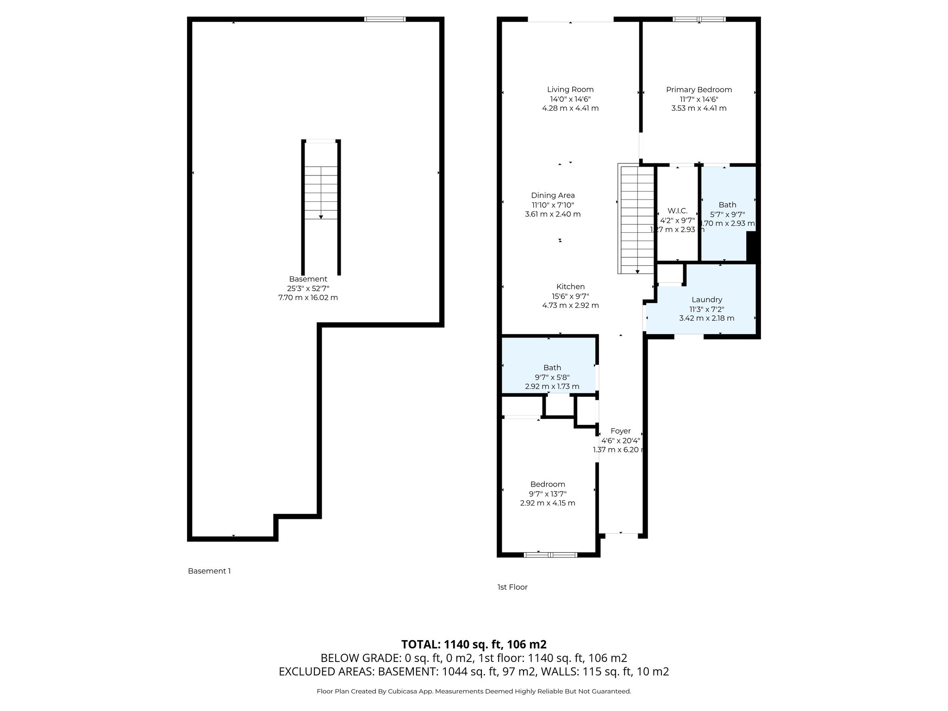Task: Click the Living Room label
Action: tap(570, 89)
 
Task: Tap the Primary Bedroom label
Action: tap(699, 89)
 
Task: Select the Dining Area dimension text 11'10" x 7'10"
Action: tap(553, 205)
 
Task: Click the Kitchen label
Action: tap(570, 287)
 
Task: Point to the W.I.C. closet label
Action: tap(677, 211)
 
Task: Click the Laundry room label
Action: tap(706, 299)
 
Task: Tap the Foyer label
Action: tap(620, 431)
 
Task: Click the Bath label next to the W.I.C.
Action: tap(727, 205)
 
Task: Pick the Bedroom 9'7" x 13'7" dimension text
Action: tap(548, 494)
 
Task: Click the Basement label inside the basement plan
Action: tap(308, 279)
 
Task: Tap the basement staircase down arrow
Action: tap(321, 216)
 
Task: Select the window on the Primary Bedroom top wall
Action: tap(699, 19)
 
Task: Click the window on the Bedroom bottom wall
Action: tap(550, 554)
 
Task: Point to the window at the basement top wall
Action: tap(385, 19)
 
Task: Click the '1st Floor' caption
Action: tap(512, 587)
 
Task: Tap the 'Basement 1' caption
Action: tap(209, 571)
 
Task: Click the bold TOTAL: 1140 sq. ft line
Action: tap(474, 644)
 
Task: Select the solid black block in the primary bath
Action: tap(751, 247)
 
